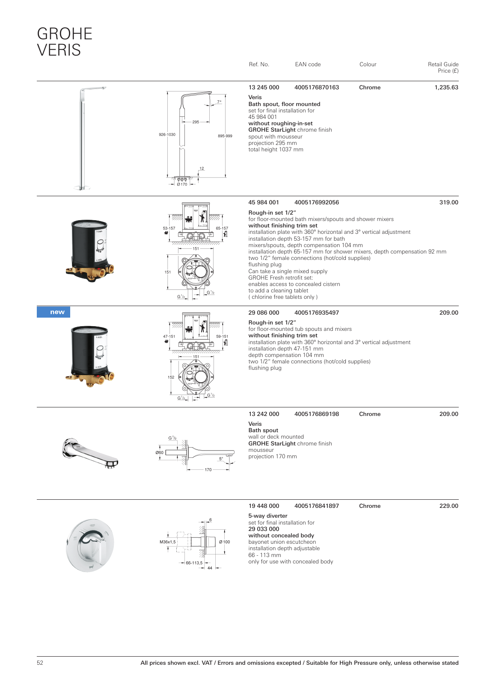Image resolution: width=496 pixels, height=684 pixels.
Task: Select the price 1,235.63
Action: [446, 88]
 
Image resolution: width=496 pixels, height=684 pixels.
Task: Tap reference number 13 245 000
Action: [264, 88]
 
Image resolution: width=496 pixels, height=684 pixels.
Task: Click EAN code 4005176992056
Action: [316, 203]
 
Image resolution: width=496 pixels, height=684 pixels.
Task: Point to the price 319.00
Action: [448, 203]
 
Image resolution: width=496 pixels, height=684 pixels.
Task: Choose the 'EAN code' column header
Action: [308, 65]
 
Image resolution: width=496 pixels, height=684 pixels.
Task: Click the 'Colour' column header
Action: [368, 65]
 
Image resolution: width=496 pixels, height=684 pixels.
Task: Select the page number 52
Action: [40, 663]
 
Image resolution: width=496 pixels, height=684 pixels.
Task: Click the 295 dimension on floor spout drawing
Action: [196, 122]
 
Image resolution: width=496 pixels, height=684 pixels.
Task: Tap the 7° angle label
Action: [219, 102]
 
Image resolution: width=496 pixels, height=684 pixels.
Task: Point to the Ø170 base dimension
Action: [182, 184]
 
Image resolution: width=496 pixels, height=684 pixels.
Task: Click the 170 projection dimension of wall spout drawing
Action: [208, 470]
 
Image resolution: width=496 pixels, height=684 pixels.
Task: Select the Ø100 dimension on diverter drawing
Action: [225, 542]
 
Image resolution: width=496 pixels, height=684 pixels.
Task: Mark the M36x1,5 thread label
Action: [168, 542]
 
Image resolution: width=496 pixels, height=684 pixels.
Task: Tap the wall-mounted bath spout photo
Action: [90, 452]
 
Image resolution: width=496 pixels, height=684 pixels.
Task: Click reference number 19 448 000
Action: [264, 506]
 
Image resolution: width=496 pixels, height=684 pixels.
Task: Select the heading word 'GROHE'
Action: [65, 34]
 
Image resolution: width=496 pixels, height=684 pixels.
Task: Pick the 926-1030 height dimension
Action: [167, 135]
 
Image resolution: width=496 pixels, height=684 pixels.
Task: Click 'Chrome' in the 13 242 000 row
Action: [370, 414]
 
